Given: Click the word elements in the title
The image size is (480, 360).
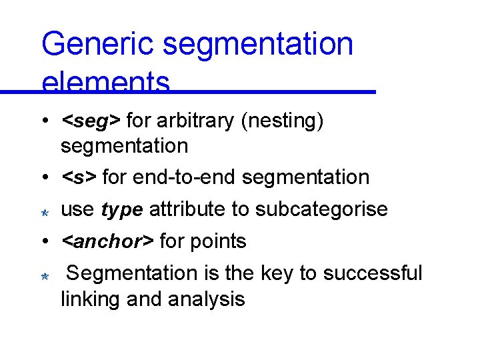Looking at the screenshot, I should tap(105, 83).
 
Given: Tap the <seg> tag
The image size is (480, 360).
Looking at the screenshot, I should tap(91, 121).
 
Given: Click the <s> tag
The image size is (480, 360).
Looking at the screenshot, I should tap(79, 177).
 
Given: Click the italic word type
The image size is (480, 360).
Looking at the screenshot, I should tap(122, 210).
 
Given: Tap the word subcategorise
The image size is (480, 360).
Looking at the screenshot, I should tap(321, 209).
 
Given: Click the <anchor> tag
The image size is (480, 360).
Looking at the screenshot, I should tap(107, 241).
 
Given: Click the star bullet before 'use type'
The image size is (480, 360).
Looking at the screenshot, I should tap(42, 212).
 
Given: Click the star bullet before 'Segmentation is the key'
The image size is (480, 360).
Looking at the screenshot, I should tap(42, 276).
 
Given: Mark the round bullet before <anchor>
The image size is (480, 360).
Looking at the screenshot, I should tap(42, 241).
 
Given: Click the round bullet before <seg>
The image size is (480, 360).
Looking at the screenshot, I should tap(42, 121).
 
